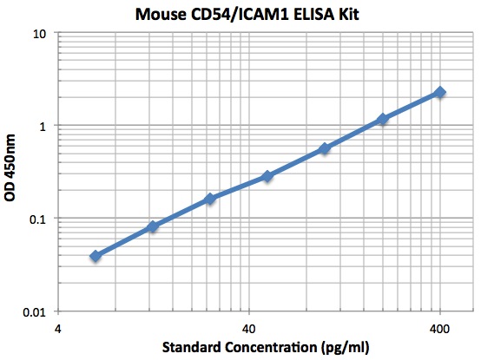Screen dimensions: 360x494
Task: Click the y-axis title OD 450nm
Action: [10, 173]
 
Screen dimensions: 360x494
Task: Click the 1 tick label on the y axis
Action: [43, 126]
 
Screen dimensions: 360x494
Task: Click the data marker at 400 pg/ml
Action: [440, 92]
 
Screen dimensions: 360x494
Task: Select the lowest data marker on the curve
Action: [96, 256]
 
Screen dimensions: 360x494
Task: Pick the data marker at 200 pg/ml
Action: [383, 118]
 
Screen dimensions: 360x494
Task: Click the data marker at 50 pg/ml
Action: [267, 176]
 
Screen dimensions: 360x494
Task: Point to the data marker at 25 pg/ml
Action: [210, 199]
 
